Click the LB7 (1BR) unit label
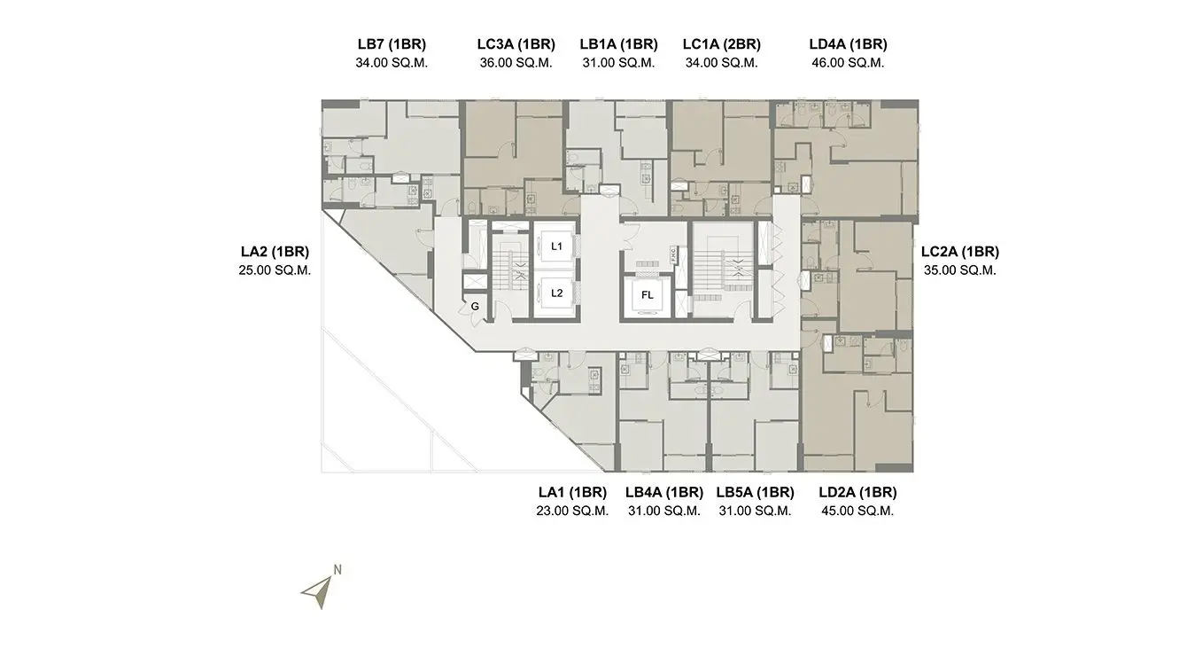[x=392, y=44]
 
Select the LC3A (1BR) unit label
[x=516, y=44]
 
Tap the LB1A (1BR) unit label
[x=618, y=44]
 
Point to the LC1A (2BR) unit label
[x=721, y=44]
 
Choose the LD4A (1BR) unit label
[x=848, y=44]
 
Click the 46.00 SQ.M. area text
[x=848, y=63]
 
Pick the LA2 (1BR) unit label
[x=275, y=252]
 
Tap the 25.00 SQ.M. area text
[x=275, y=270]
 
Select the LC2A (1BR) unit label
[x=960, y=252]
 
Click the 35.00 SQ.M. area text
[x=960, y=270]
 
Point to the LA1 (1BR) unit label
[x=572, y=492]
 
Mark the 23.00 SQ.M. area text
[x=572, y=512]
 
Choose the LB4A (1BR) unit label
[x=664, y=492]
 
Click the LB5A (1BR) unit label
[x=755, y=492]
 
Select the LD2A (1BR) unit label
[x=857, y=492]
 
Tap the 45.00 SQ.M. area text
[x=857, y=512]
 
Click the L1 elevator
[x=556, y=246]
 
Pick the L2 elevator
[x=556, y=293]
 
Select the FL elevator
[x=647, y=295]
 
